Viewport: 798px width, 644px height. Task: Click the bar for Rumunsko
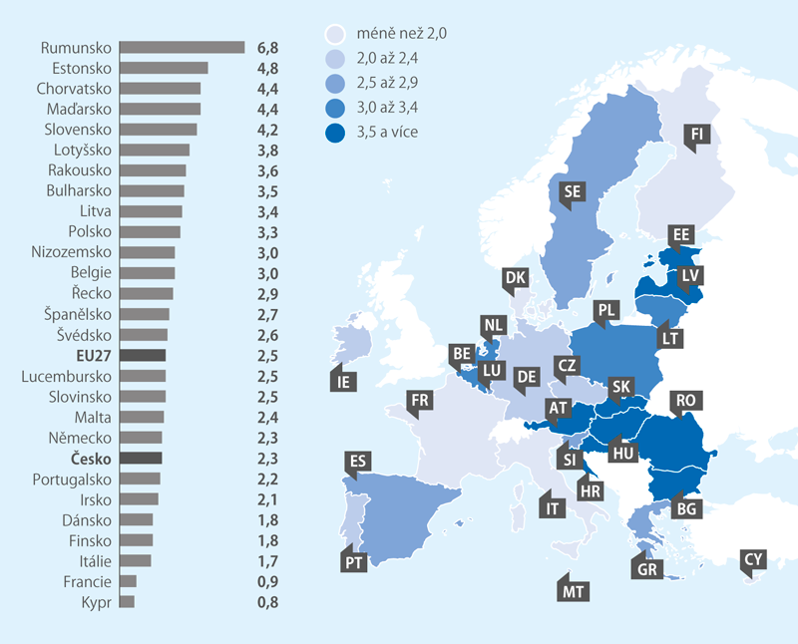click(x=182, y=47)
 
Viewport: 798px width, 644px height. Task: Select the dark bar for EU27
click(x=143, y=356)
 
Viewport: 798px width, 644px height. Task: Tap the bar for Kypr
click(x=127, y=602)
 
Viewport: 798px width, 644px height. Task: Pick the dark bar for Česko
click(x=141, y=459)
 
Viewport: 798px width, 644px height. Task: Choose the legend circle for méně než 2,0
click(x=337, y=34)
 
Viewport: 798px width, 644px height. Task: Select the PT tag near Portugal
click(x=354, y=561)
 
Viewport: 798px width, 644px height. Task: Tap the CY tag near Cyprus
click(x=754, y=560)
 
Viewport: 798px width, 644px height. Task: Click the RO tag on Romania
click(x=685, y=400)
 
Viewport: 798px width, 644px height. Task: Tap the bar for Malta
click(x=142, y=418)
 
